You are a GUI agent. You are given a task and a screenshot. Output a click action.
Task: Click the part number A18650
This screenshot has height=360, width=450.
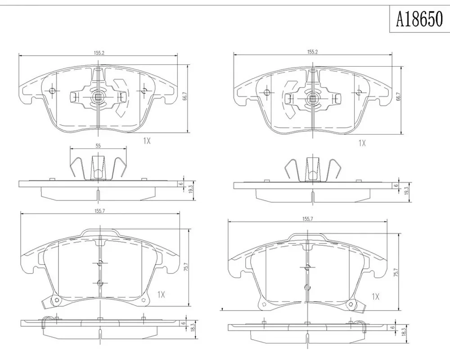coord(419,19)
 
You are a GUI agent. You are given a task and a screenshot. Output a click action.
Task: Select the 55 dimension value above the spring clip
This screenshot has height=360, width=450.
coord(98,145)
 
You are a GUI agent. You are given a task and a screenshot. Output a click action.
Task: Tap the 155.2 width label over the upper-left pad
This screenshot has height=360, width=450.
coord(99,53)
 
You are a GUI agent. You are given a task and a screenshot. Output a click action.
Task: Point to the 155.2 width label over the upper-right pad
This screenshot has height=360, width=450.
coord(313,52)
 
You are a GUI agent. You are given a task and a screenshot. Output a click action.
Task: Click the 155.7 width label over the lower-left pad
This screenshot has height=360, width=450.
coord(99,211)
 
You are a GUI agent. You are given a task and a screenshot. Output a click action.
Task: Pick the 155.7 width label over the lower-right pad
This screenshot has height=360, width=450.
coord(307,218)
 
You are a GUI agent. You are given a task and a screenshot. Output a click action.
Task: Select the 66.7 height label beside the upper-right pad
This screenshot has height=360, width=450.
coord(398,98)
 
